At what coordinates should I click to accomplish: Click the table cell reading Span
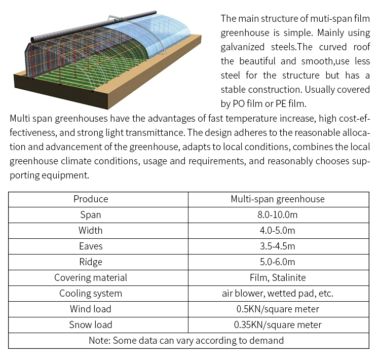(91, 214)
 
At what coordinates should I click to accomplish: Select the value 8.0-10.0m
(277, 214)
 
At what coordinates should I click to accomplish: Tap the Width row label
(91, 230)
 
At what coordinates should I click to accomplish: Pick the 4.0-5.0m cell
(277, 230)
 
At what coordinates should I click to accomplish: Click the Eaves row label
(91, 246)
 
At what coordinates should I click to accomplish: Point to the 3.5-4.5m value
(277, 246)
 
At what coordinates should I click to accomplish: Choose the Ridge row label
(91, 262)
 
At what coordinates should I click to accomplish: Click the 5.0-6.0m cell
(277, 262)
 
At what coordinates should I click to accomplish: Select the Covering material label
(91, 277)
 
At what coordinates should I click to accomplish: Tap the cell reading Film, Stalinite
(277, 277)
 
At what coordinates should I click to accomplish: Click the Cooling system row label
(91, 293)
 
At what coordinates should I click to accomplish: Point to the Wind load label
(91, 309)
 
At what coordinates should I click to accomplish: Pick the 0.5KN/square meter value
(277, 309)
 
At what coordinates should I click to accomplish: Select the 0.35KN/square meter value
(277, 325)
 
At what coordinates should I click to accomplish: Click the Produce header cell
(91, 199)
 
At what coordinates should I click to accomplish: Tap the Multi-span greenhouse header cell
(277, 199)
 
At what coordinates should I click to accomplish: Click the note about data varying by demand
(186, 340)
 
